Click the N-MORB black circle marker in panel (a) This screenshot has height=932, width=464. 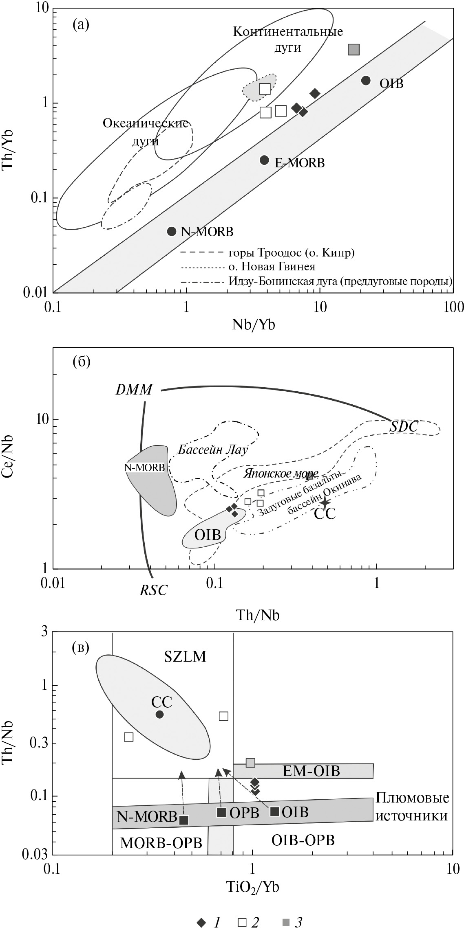click(x=172, y=231)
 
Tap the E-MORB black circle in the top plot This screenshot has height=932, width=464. click(x=264, y=160)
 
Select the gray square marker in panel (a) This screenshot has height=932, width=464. click(x=354, y=50)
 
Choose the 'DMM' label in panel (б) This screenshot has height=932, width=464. click(x=134, y=390)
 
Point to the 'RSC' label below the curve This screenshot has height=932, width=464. click(x=153, y=590)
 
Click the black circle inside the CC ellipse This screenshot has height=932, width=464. click(x=159, y=714)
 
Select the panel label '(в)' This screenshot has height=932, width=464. click(x=81, y=647)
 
